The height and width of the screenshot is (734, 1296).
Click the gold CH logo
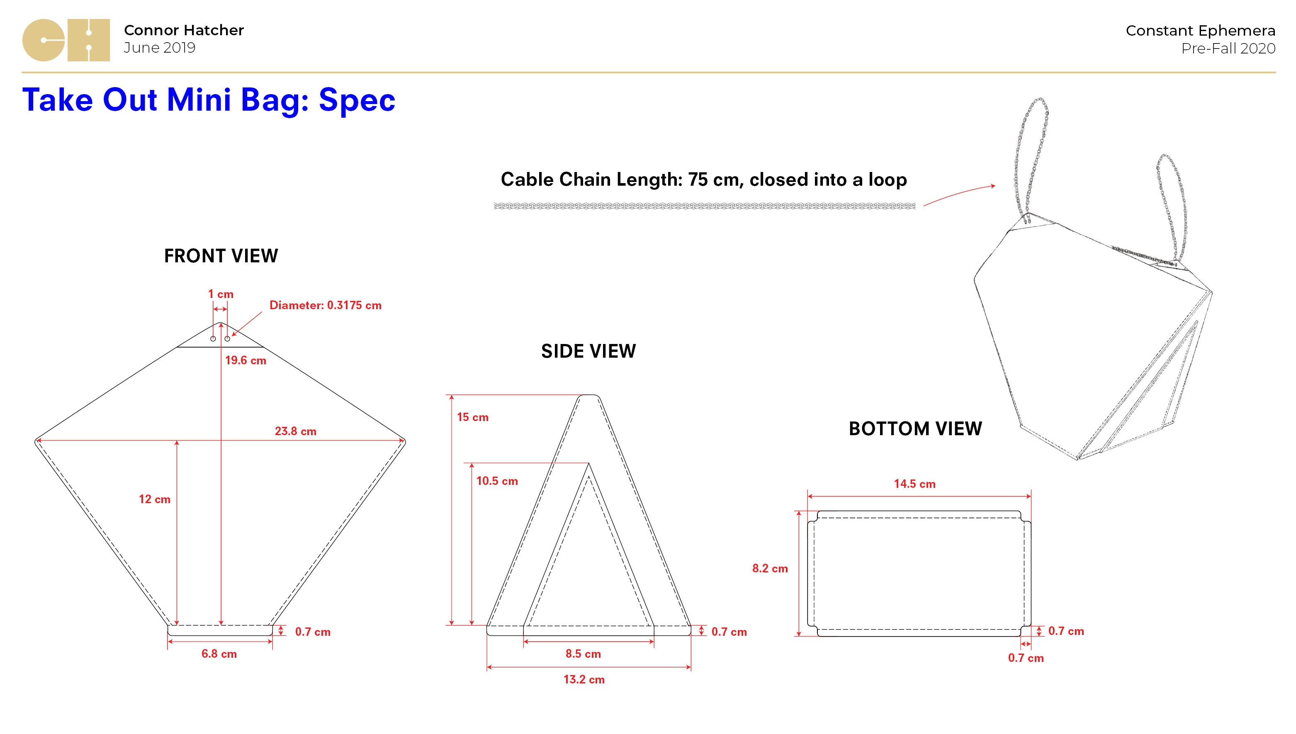click(x=66, y=40)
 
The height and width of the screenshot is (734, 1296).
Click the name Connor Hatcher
click(x=184, y=30)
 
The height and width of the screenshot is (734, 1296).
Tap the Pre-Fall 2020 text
click(x=1228, y=48)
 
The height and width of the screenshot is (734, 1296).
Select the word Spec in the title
click(x=357, y=100)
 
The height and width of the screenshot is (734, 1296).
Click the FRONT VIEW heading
click(x=221, y=256)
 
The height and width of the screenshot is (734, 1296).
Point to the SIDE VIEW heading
click(x=588, y=351)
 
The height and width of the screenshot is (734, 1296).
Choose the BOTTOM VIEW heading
click(x=915, y=429)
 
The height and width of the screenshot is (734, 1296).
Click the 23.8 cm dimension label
click(x=296, y=431)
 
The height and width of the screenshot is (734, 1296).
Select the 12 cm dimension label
click(x=155, y=499)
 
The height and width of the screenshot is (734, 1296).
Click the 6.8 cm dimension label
click(x=219, y=654)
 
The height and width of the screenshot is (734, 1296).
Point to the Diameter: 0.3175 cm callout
click(x=325, y=305)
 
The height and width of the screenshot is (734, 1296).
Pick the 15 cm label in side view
click(x=472, y=417)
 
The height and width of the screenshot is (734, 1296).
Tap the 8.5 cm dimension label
click(x=583, y=654)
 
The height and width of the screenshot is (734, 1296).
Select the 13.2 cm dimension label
click(x=584, y=680)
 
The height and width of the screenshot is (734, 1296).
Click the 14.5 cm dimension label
click(x=914, y=484)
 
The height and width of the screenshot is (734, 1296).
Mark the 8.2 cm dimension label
click(x=770, y=569)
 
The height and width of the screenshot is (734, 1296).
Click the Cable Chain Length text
click(x=703, y=180)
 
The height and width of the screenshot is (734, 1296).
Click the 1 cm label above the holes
click(x=221, y=294)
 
